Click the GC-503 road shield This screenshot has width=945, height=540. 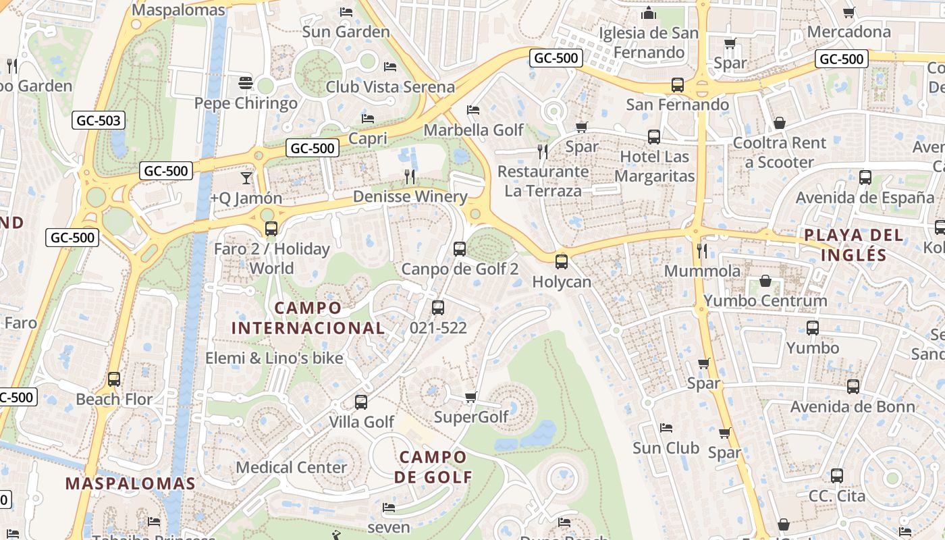pyautogui.click(x=99, y=121)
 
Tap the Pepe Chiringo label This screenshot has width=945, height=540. pyautogui.click(x=246, y=103)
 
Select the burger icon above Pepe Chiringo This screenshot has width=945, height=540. pyautogui.click(x=246, y=83)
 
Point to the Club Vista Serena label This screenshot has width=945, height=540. pyautogui.click(x=390, y=86)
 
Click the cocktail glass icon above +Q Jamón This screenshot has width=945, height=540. pyautogui.click(x=246, y=178)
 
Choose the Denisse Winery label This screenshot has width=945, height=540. pyautogui.click(x=410, y=196)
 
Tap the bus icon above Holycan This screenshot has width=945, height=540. pyautogui.click(x=562, y=262)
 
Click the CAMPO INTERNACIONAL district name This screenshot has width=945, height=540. pyautogui.click(x=308, y=318)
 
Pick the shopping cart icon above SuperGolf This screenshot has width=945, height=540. pyautogui.click(x=471, y=397)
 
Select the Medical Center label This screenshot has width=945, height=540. pyautogui.click(x=292, y=467)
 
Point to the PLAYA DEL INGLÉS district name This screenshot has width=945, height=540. pyautogui.click(x=854, y=244)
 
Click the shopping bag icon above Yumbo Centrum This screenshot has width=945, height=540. pyautogui.click(x=765, y=280)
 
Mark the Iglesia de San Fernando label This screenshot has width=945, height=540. pyautogui.click(x=649, y=42)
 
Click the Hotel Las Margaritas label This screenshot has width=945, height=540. pyautogui.click(x=654, y=167)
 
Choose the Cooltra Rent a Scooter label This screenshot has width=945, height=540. pyautogui.click(x=780, y=153)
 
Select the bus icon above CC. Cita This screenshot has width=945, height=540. pyautogui.click(x=837, y=475)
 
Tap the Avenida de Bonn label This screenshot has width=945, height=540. pyautogui.click(x=853, y=406)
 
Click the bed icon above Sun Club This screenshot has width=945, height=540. pyautogui.click(x=666, y=428)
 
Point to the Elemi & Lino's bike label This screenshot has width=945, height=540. pyautogui.click(x=274, y=358)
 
